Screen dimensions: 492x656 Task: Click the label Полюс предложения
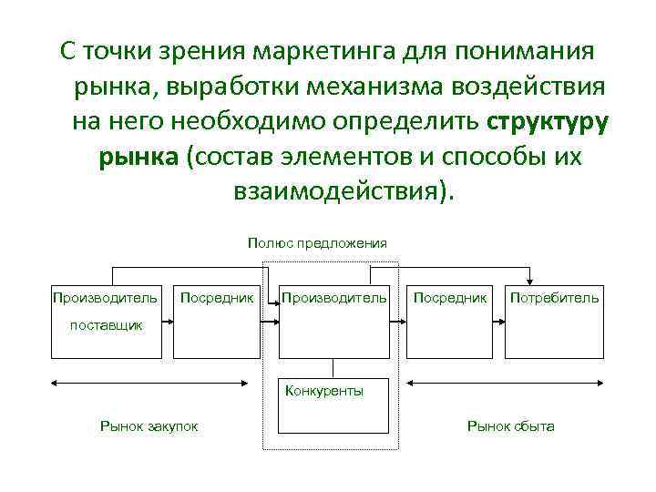316,242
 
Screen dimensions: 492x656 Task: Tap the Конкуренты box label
323,391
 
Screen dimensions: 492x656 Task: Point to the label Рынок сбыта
510,426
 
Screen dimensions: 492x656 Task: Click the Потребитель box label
554,297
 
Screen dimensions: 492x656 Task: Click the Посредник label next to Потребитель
450,297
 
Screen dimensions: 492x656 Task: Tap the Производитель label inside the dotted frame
334,297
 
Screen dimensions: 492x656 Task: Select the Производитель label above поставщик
105,297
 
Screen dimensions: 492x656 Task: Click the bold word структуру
548,121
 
